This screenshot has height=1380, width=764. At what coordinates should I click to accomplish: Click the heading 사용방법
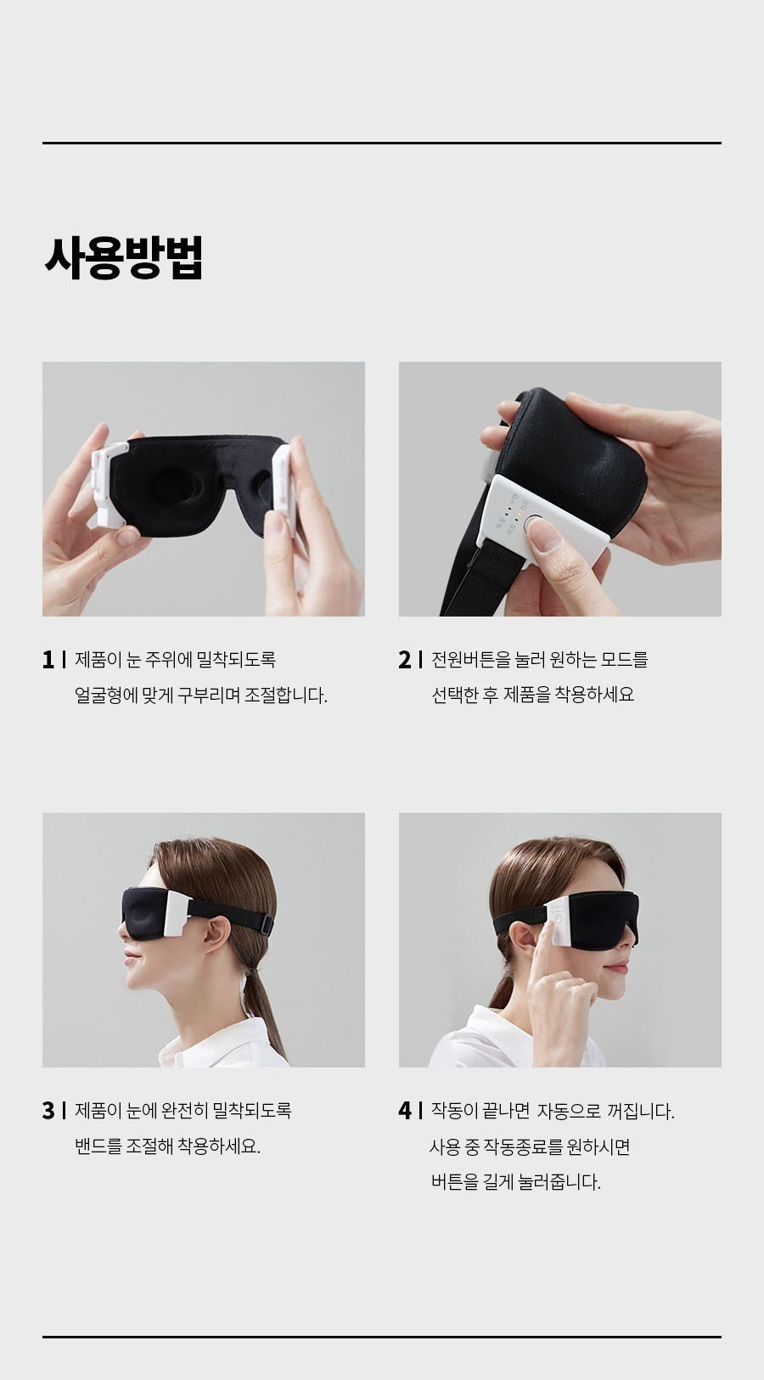pos(124,257)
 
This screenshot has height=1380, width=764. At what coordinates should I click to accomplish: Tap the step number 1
pos(48,660)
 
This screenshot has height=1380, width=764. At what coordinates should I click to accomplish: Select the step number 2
pos(404,660)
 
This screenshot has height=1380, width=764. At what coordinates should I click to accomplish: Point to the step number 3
pos(48,1111)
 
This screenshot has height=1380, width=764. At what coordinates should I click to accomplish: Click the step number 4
pos(405,1111)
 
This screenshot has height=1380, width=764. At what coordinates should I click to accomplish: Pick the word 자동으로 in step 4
pos(569,1111)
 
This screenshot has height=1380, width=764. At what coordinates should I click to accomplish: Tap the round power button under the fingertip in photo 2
pos(534,524)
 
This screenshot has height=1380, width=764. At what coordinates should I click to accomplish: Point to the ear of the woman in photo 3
pos(216,932)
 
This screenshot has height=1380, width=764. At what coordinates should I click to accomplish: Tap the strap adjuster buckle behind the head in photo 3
pos(266,925)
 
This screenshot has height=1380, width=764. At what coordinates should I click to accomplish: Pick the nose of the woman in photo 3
pos(123,938)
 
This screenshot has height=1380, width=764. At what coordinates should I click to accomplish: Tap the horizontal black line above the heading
pos(382,143)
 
